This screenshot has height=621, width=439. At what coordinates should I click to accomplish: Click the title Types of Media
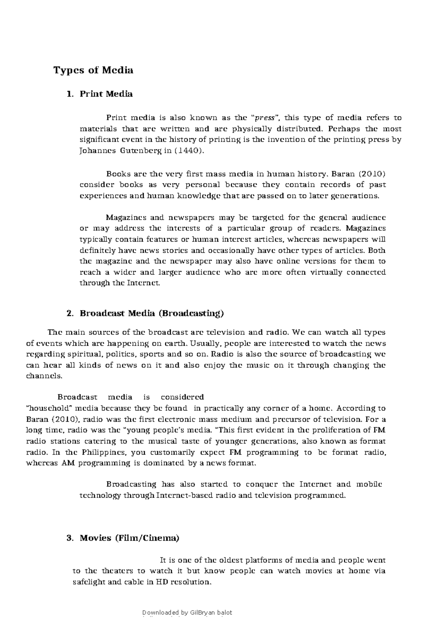pyautogui.click(x=93, y=70)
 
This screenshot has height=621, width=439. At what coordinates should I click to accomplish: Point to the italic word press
pyautogui.click(x=265, y=118)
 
